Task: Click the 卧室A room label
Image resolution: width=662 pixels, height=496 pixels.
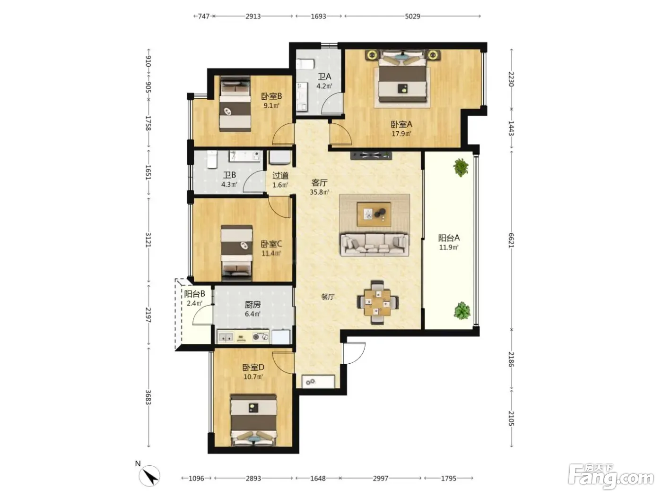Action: coord(401,124)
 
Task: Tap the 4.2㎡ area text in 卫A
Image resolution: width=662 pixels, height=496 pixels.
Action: coord(324,86)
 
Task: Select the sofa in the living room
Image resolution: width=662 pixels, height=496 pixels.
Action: coord(375,244)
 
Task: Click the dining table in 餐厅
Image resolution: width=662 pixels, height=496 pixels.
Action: coord(378,302)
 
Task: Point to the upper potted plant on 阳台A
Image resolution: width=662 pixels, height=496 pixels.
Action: coord(460,167)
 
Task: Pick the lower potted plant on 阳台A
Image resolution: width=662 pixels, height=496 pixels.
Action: coord(462,311)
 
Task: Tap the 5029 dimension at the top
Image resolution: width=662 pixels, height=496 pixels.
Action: coord(412,16)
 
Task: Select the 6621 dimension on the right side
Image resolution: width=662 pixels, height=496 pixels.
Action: coord(511,240)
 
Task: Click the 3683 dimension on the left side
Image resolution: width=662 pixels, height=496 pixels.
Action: coord(148,397)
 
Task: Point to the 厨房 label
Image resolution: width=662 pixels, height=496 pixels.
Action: coord(253,305)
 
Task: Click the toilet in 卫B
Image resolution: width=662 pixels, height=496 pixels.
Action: coord(212,159)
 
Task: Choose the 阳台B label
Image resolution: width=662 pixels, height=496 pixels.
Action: coord(194,294)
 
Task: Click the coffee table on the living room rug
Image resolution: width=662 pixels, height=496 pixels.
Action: coord(374,214)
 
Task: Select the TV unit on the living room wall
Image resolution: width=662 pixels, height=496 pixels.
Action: coord(371,155)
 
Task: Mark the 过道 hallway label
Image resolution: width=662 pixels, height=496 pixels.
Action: coord(280,175)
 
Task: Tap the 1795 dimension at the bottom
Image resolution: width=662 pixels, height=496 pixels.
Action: coord(448,478)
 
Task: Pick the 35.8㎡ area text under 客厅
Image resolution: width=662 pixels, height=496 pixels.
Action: coord(319,192)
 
